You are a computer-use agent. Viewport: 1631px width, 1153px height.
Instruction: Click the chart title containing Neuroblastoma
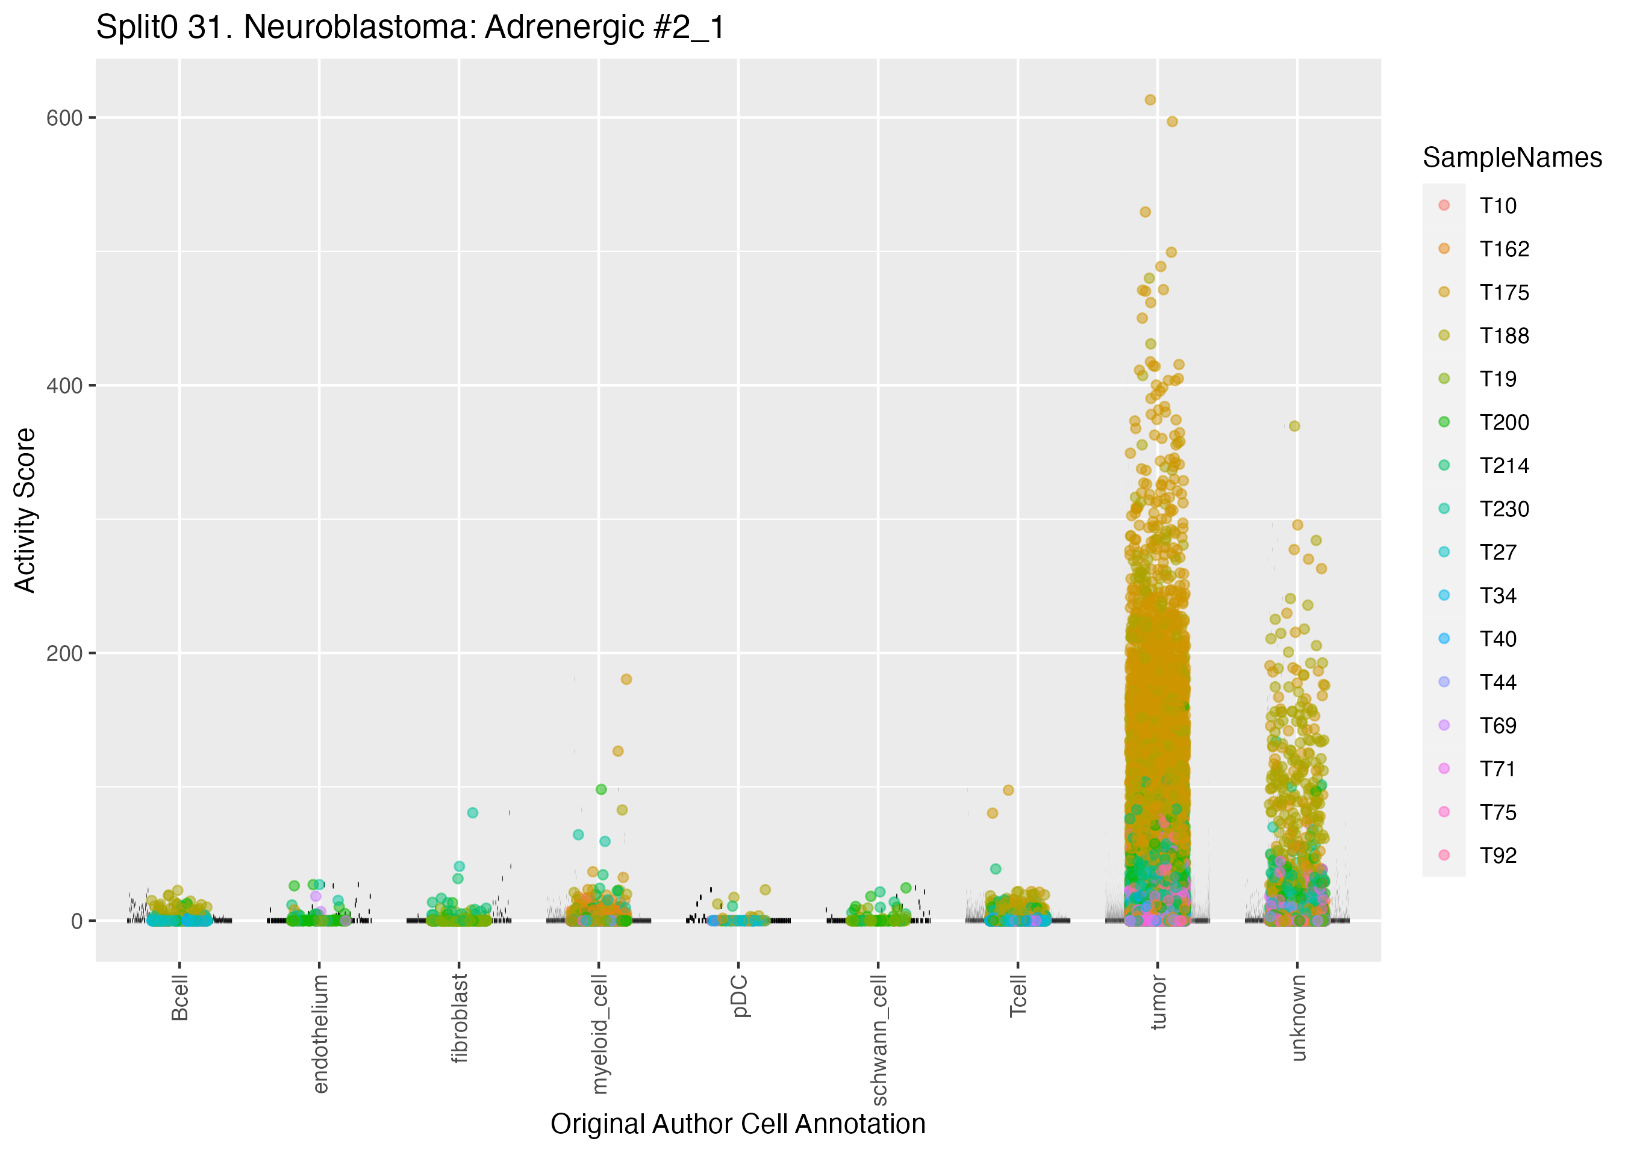point(410,28)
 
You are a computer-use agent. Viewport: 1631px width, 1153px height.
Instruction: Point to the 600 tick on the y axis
point(64,118)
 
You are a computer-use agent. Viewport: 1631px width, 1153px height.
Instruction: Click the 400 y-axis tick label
point(64,386)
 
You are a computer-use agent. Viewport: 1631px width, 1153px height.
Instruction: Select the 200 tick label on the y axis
point(64,654)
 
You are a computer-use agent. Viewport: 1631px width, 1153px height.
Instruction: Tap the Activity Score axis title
point(25,510)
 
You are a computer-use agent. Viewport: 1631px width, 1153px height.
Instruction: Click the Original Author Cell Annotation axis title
point(737,1124)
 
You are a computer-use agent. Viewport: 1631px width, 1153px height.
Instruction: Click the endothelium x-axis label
point(320,1033)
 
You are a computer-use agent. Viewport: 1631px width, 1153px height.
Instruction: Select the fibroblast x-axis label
point(460,1018)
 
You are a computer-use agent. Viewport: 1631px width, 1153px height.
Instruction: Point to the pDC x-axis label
point(740,996)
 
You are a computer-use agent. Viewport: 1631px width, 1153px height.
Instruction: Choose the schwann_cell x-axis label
point(879,1039)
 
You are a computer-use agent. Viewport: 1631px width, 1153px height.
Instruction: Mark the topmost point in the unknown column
point(1294,426)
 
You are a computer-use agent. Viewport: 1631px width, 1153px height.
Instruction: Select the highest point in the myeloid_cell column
point(626,679)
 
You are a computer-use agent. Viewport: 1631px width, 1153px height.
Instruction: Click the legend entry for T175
point(1504,292)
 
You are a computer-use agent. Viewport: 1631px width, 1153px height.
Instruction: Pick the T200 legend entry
point(1504,422)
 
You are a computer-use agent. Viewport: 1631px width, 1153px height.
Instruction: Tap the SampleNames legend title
point(1512,158)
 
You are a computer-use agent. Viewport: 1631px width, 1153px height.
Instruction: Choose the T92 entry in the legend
point(1497,856)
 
